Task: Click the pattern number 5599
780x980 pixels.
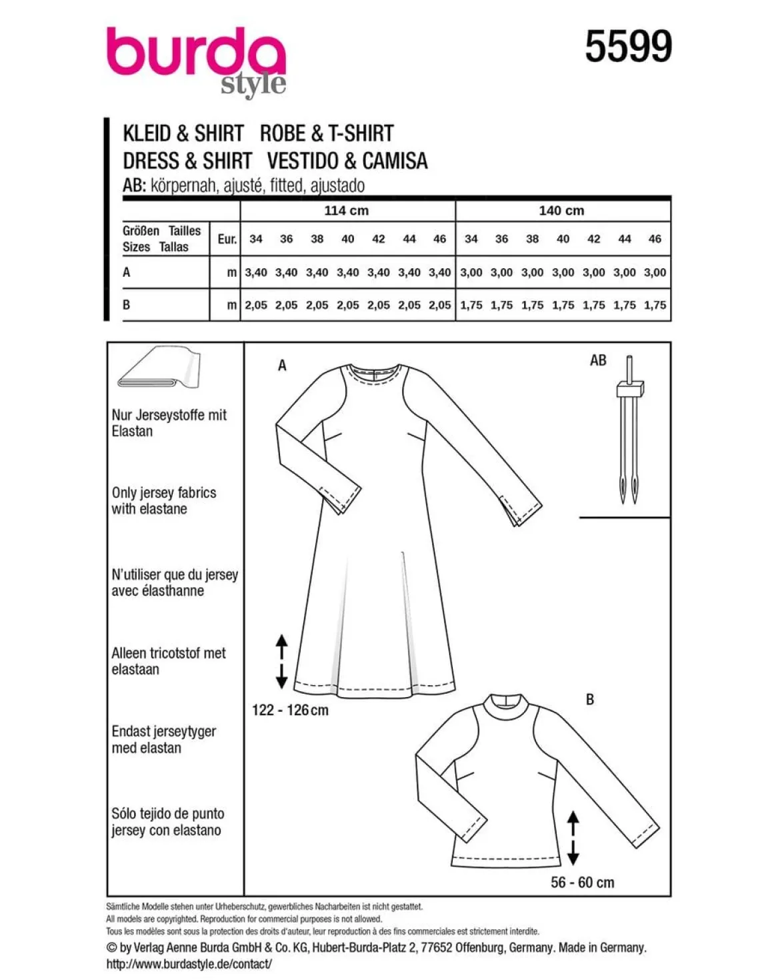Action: coord(628,46)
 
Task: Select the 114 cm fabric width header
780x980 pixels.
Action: coord(346,210)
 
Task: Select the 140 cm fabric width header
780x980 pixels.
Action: coord(561,210)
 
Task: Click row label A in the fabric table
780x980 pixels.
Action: coord(127,272)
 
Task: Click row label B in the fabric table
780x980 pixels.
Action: coord(127,304)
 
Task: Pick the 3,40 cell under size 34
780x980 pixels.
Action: coord(256,272)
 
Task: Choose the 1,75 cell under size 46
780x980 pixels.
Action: coord(655,305)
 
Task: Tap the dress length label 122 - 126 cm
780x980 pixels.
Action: coord(290,710)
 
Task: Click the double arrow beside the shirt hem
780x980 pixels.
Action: coord(573,838)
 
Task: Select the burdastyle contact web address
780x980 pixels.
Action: coord(189,963)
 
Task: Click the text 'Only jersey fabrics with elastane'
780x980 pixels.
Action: coord(164,500)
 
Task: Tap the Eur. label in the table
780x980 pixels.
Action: coord(227,239)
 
